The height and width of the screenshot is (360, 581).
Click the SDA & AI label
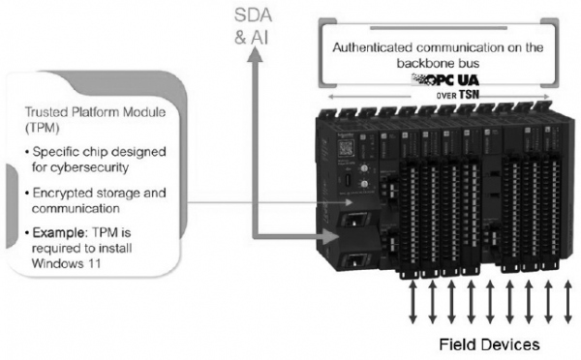coord(253,26)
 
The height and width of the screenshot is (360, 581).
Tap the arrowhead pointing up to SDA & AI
coord(254,54)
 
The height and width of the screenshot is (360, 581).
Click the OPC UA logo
coord(445,79)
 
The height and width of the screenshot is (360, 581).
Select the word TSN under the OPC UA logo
coord(469,95)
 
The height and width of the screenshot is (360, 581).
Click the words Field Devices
coord(489,345)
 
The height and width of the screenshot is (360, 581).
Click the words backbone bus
coord(438,63)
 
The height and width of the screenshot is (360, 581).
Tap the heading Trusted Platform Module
coord(95,112)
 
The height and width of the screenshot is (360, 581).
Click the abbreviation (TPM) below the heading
coord(43,128)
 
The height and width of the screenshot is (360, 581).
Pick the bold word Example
coord(59,233)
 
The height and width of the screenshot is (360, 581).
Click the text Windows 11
coord(66,263)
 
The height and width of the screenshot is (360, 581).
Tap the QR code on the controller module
coord(346,148)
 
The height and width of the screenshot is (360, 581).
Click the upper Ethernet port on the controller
coord(353,221)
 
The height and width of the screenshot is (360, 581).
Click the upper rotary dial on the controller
coord(364,169)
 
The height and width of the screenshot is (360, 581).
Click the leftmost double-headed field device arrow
coord(413,302)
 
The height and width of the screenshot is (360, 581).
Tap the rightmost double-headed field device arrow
coord(567,302)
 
